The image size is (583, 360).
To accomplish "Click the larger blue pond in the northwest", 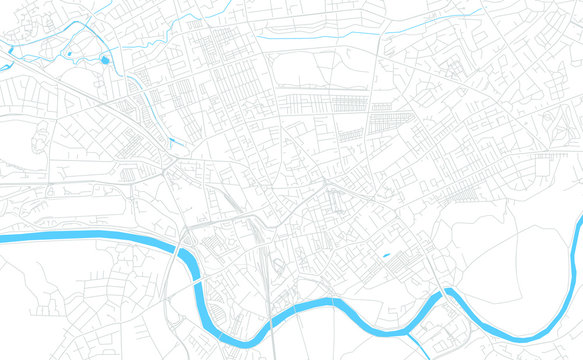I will [106, 61].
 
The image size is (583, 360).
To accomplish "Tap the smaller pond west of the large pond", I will [69, 53].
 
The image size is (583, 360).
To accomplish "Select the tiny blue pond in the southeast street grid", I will [386, 255].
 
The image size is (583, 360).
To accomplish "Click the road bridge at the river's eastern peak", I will [447, 292].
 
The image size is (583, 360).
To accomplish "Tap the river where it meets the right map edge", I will [579, 240].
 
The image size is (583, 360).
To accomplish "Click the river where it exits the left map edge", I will [4, 238].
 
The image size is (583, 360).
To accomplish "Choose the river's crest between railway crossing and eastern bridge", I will [330, 301].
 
